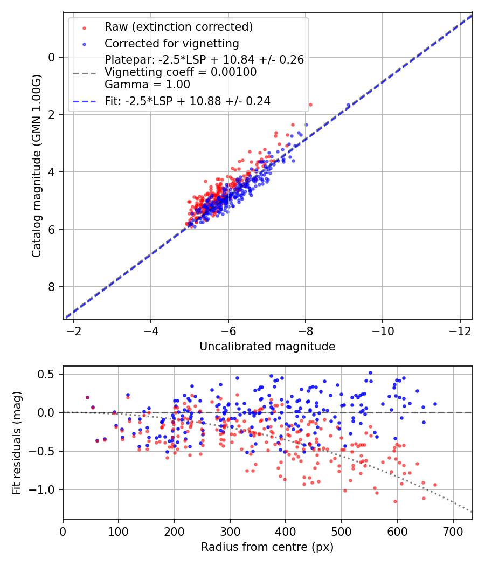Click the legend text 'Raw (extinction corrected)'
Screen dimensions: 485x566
(x=178, y=27)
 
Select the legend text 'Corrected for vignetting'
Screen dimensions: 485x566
(x=172, y=44)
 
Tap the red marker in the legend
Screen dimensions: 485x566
(x=85, y=28)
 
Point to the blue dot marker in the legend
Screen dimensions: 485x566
(x=85, y=44)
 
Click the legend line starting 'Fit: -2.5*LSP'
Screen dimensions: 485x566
(x=188, y=101)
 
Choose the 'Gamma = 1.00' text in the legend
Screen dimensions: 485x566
(x=147, y=85)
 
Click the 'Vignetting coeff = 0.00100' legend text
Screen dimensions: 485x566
(x=181, y=72)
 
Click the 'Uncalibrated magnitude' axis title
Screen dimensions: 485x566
(x=267, y=347)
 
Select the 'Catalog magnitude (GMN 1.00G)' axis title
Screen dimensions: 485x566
(x=37, y=166)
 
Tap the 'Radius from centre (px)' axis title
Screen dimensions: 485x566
(x=267, y=547)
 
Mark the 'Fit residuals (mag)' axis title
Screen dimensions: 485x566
(x=17, y=443)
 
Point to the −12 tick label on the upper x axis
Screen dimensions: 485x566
(x=460, y=331)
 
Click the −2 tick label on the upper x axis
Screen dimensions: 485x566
(x=74, y=331)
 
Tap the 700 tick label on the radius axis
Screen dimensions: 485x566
(x=453, y=532)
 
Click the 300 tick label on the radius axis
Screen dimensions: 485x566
(x=230, y=532)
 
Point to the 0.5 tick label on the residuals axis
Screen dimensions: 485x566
(x=46, y=374)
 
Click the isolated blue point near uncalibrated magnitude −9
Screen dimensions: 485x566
(x=348, y=105)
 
